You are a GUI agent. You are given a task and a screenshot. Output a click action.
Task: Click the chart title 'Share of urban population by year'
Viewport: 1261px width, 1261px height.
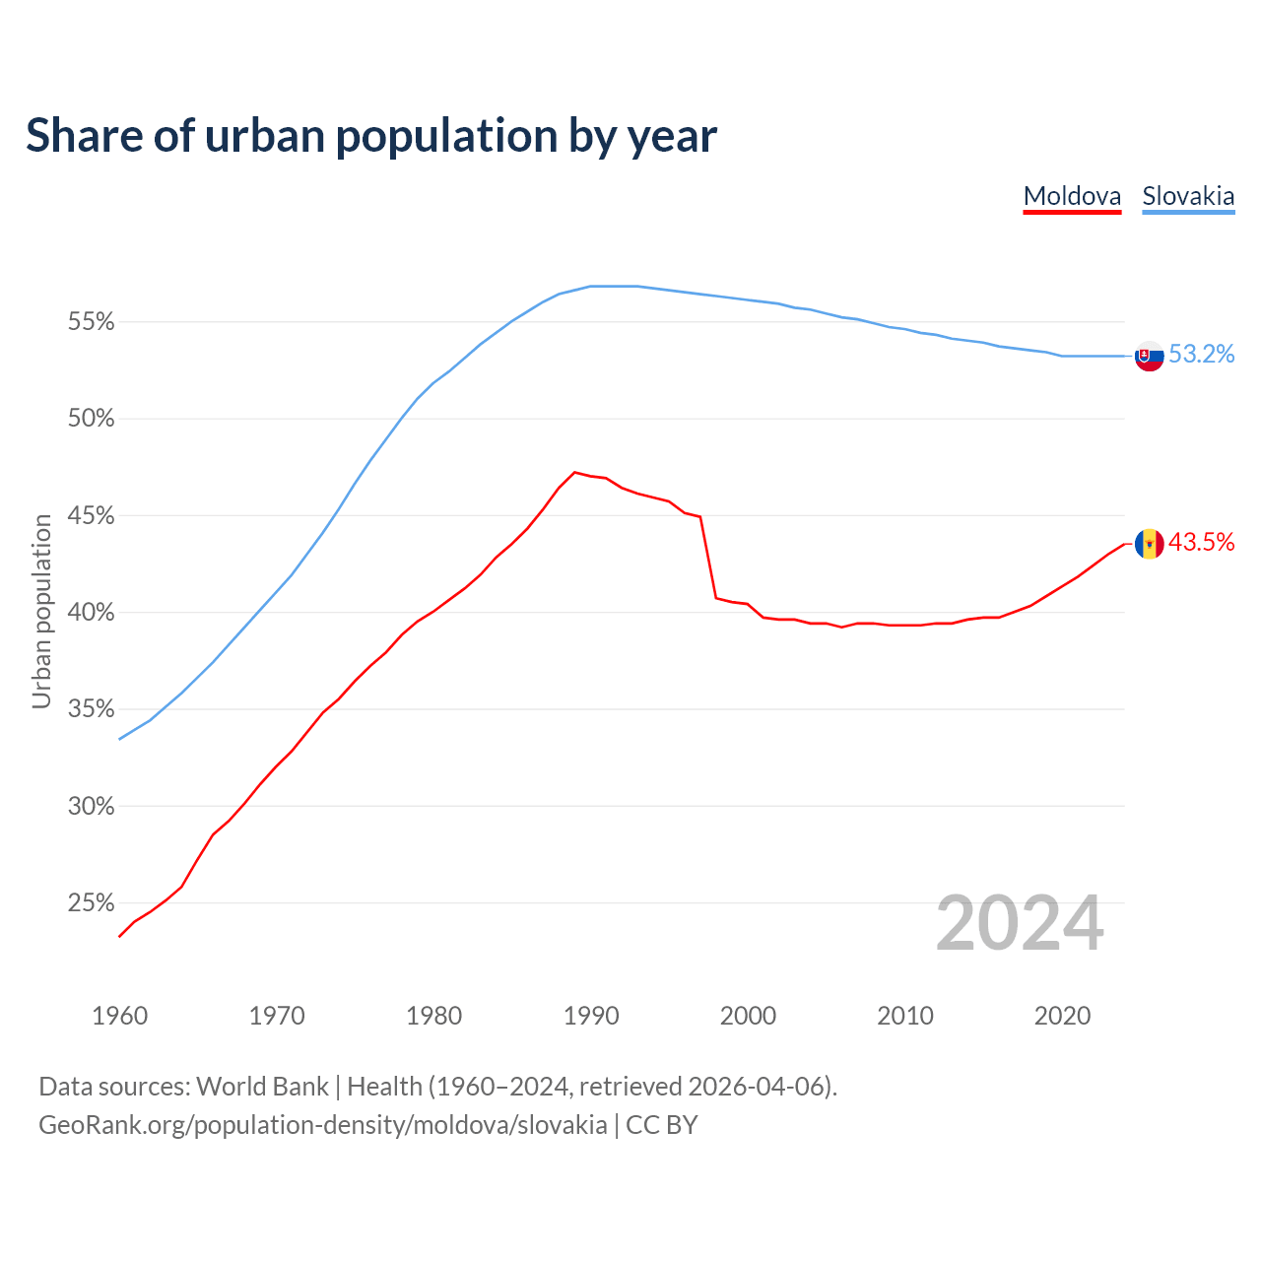click(x=371, y=136)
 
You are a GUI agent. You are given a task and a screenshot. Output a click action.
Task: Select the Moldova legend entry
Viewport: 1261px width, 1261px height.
click(x=1072, y=196)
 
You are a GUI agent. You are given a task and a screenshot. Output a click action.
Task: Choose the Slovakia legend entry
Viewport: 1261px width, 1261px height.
click(x=1188, y=196)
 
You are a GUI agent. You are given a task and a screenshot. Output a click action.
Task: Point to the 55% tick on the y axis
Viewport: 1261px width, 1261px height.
click(x=92, y=322)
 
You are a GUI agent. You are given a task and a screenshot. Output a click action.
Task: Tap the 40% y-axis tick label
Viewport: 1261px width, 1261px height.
click(x=92, y=613)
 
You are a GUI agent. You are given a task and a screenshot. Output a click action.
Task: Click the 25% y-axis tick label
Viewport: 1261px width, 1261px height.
click(x=92, y=903)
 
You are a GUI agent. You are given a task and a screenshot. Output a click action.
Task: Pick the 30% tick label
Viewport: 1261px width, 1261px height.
click(x=92, y=807)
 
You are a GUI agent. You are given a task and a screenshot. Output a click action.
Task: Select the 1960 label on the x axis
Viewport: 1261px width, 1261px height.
click(x=119, y=1016)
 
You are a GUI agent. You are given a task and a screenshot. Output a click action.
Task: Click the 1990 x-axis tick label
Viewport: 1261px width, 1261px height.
click(x=591, y=1016)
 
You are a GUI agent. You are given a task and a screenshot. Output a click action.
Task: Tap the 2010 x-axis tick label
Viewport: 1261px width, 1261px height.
click(x=905, y=1016)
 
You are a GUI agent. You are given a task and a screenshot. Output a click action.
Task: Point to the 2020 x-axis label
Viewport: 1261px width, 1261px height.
click(x=1062, y=1016)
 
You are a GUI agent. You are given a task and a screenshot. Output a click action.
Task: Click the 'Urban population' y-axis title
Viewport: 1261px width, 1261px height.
click(x=41, y=611)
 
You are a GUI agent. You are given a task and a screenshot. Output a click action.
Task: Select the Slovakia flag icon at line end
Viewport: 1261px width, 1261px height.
click(x=1149, y=356)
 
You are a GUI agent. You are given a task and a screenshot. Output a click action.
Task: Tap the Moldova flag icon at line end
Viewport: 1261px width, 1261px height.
click(x=1149, y=543)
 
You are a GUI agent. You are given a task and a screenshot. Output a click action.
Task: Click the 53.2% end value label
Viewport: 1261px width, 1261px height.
click(x=1201, y=355)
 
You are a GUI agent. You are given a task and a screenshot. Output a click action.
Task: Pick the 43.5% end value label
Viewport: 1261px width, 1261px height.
click(x=1201, y=542)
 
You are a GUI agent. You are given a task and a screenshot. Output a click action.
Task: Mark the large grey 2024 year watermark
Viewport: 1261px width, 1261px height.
click(x=1020, y=923)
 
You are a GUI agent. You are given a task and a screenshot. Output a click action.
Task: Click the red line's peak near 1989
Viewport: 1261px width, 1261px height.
click(x=575, y=472)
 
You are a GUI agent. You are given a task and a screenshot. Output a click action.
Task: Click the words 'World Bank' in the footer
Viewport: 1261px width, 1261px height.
click(x=262, y=1087)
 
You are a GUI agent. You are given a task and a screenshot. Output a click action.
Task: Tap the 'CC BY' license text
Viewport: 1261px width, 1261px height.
click(x=662, y=1125)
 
